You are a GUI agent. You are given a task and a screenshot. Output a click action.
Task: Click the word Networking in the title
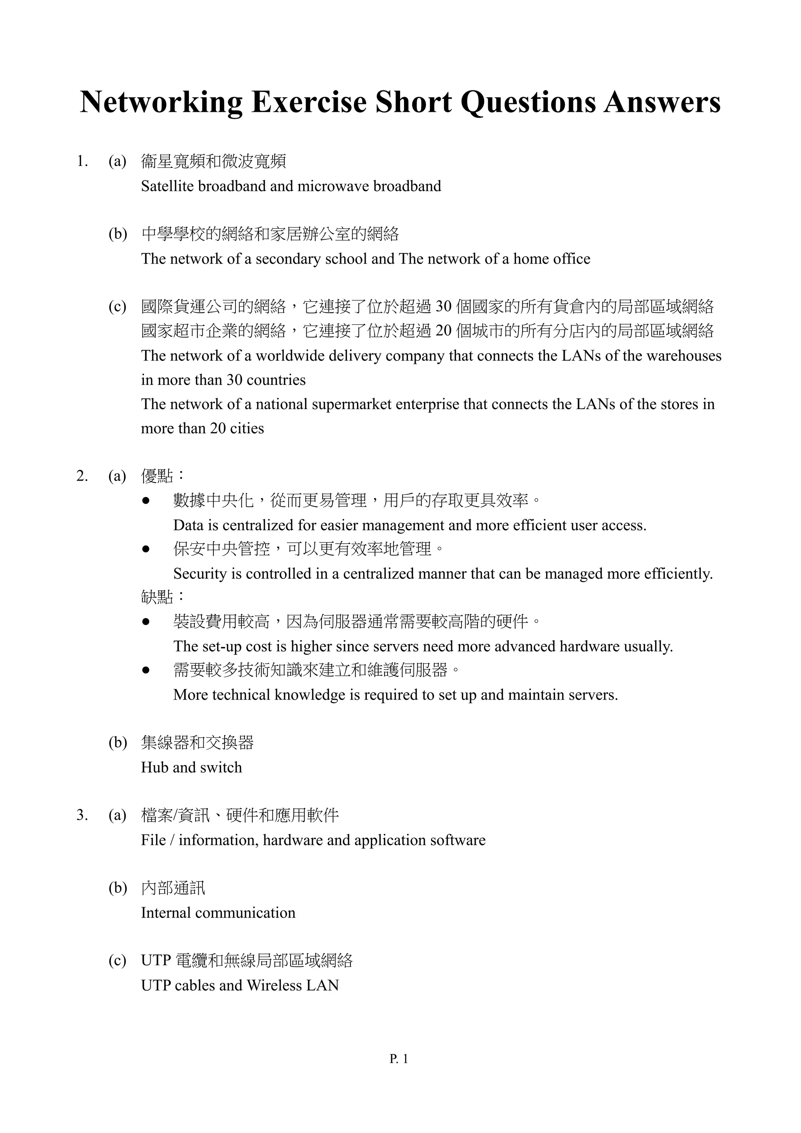point(160,102)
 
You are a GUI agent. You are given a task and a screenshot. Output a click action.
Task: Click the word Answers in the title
point(662,102)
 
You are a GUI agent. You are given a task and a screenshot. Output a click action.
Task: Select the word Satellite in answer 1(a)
point(167,186)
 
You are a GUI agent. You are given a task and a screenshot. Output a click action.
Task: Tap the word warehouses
point(684,356)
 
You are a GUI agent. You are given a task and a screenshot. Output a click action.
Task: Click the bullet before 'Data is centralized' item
point(145,501)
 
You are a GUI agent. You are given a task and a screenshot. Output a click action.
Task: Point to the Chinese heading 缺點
point(157,597)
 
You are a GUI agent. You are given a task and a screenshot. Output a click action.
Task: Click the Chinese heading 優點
point(157,476)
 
